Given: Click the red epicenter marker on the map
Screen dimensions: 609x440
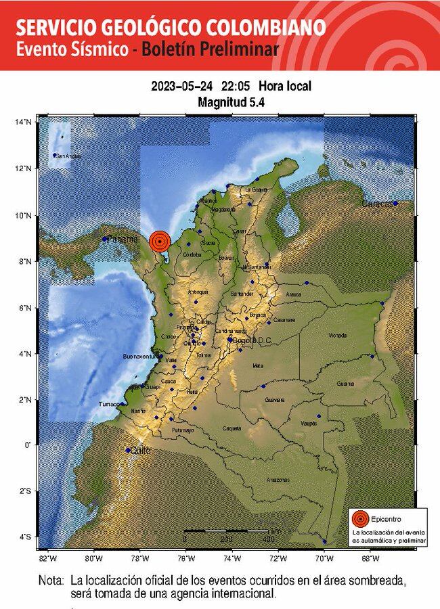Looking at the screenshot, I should click(159, 240).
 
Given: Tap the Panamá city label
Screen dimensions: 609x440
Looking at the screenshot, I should click(123, 239).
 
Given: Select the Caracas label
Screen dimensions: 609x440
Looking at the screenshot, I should click(376, 204).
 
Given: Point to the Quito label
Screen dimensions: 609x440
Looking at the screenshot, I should click(140, 450).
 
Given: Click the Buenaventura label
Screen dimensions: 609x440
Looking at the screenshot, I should click(139, 356).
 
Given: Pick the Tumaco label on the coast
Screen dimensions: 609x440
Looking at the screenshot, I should click(108, 404).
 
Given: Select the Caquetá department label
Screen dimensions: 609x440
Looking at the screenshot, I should click(232, 428).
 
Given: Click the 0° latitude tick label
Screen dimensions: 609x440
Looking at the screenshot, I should click(27, 445).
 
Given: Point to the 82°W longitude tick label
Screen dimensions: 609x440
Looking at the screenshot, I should click(47, 559).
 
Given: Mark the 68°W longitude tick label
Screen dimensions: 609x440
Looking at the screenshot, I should click(370, 559).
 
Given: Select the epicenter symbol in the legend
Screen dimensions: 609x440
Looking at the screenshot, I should click(361, 519).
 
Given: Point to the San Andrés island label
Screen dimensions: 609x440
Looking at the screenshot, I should click(68, 156).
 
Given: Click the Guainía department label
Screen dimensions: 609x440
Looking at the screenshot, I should click(345, 384).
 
